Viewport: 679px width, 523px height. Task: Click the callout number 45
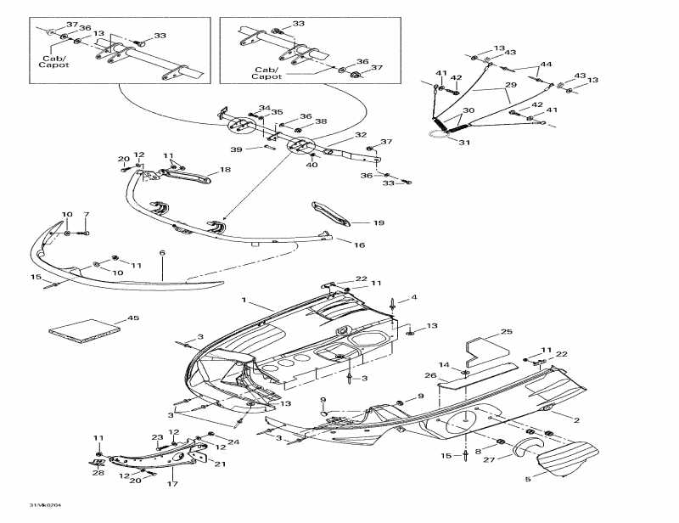coord(132,318)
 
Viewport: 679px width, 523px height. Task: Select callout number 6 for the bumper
coord(162,253)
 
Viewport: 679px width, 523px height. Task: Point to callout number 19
coord(379,223)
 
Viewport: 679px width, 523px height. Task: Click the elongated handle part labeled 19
coord(334,213)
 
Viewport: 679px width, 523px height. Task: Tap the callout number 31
coord(463,143)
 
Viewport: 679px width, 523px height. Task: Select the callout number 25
coord(507,331)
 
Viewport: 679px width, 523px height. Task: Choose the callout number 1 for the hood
coord(243,301)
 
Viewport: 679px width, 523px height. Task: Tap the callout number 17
coord(173,485)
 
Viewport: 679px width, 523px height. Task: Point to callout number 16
coord(359,245)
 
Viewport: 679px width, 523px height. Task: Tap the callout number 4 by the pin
coord(414,297)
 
